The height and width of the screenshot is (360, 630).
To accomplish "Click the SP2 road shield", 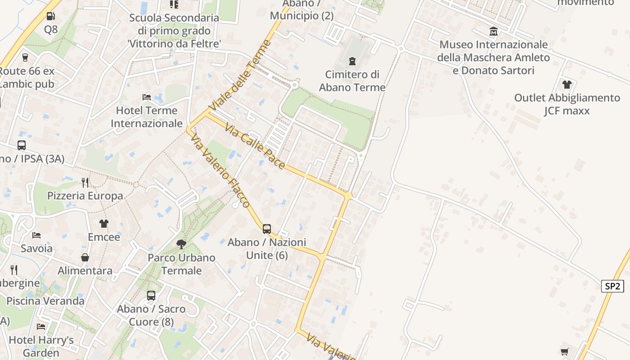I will point(612,286).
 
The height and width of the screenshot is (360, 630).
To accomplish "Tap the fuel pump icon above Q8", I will point(51,16).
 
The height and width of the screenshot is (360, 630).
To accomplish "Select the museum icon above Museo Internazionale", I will point(494,31).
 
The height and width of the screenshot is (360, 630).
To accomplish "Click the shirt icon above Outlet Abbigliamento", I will point(567,84).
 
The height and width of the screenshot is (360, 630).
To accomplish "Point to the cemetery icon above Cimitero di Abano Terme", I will point(352,61).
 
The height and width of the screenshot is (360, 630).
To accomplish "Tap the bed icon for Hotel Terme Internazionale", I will point(147,97).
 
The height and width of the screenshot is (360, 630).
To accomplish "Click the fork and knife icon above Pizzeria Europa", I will point(85,182).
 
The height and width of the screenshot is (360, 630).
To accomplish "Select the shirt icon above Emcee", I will point(104,224).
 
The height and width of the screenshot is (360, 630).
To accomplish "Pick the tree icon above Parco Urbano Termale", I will point(181,244).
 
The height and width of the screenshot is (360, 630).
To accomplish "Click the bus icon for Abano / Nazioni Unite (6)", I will point(267,229).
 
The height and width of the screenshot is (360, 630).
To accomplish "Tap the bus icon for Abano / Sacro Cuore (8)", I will point(151,296).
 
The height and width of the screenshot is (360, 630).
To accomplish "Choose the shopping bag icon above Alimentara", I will point(85,257).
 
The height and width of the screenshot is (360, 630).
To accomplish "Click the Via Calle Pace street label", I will point(255,146).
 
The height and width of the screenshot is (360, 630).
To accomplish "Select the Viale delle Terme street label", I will point(241,76).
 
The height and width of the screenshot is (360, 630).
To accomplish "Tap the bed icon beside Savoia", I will point(36,235).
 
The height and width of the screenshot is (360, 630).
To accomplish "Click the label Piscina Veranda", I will point(45,301).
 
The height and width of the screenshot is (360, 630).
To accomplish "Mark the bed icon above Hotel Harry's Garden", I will point(41,326).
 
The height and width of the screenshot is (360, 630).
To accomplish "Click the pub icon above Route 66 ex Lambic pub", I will point(25,58).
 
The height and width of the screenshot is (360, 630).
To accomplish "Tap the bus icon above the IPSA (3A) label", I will point(22,145).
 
